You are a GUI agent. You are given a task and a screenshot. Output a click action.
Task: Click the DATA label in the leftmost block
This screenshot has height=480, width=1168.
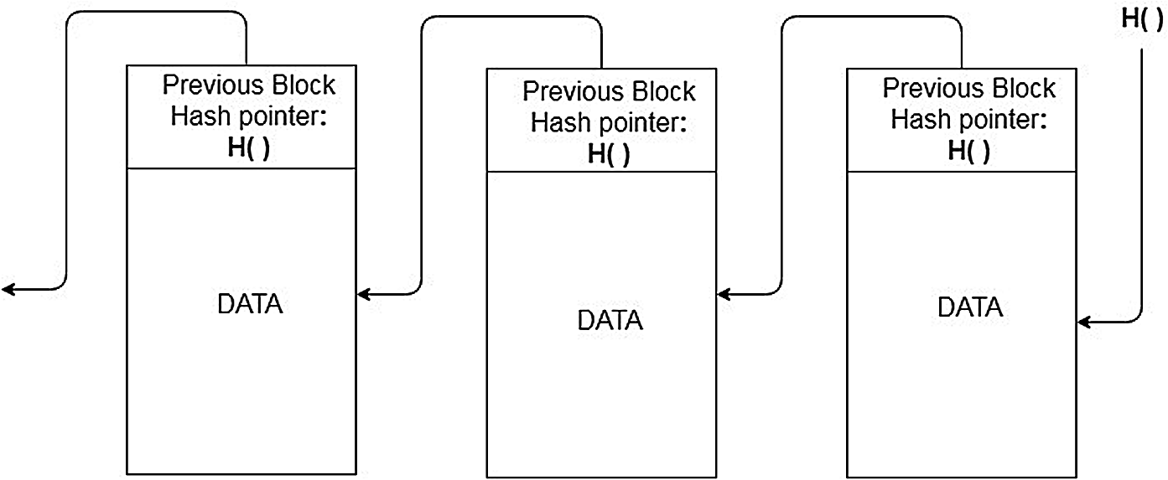(250, 304)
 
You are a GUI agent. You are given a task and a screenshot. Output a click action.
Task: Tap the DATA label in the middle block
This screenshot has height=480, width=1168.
(610, 320)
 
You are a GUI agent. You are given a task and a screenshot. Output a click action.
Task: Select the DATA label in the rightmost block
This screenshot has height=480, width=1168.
(969, 307)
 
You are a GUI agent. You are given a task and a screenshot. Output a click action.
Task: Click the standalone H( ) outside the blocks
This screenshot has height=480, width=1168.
(1142, 21)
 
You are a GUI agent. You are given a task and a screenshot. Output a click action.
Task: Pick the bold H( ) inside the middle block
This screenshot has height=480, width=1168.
(609, 153)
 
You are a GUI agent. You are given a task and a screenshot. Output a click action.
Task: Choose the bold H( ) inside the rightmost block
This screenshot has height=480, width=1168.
(968, 150)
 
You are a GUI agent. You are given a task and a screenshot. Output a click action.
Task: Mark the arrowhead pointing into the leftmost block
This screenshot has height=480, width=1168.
(364, 294)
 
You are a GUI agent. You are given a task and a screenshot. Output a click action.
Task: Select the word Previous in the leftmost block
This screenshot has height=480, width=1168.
(211, 85)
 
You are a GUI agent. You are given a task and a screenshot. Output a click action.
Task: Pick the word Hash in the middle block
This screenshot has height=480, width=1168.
(560, 122)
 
